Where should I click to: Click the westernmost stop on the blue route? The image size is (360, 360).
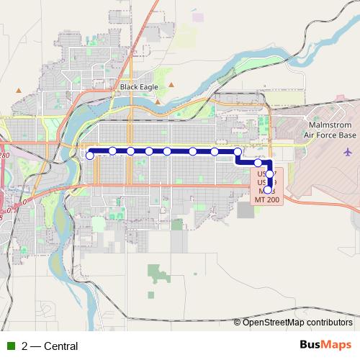click(90, 155)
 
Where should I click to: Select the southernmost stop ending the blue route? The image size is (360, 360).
click(268, 190)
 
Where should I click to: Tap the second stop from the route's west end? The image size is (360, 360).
click(113, 150)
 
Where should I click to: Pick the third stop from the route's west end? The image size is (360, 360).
click(131, 150)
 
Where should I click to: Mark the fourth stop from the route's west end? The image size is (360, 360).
click(149, 151)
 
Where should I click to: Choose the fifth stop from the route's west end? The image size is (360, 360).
click(167, 151)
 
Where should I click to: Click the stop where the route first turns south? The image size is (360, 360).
click(238, 152)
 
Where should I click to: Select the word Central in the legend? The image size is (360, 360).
click(60, 346)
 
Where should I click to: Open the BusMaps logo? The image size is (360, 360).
click(325, 345)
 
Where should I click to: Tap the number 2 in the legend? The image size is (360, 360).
click(24, 346)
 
